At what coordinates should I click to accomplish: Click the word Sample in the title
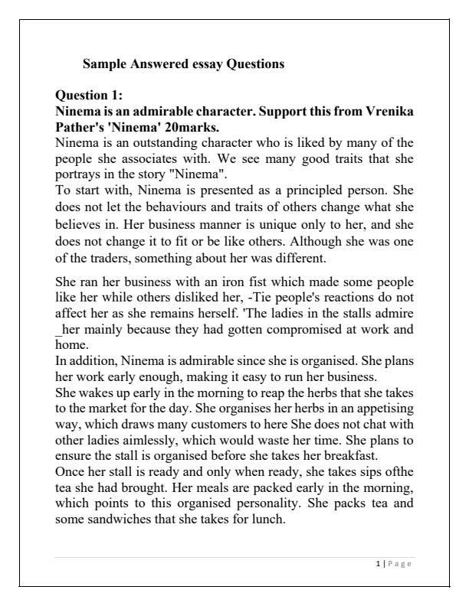103,65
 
